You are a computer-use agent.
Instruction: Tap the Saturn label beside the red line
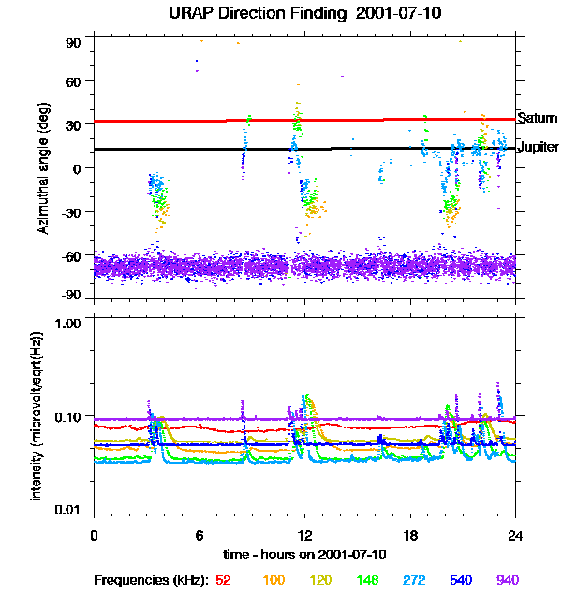(538, 118)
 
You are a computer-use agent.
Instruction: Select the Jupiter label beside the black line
(539, 148)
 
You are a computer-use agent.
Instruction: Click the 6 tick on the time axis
(199, 535)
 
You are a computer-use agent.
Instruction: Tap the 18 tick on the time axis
(409, 535)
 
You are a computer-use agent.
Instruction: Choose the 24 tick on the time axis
(515, 535)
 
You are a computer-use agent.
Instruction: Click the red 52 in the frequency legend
(223, 580)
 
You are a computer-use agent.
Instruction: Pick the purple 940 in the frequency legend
(508, 580)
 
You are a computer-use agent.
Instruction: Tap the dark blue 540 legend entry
(459, 580)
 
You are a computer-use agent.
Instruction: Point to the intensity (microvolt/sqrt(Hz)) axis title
(37, 415)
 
